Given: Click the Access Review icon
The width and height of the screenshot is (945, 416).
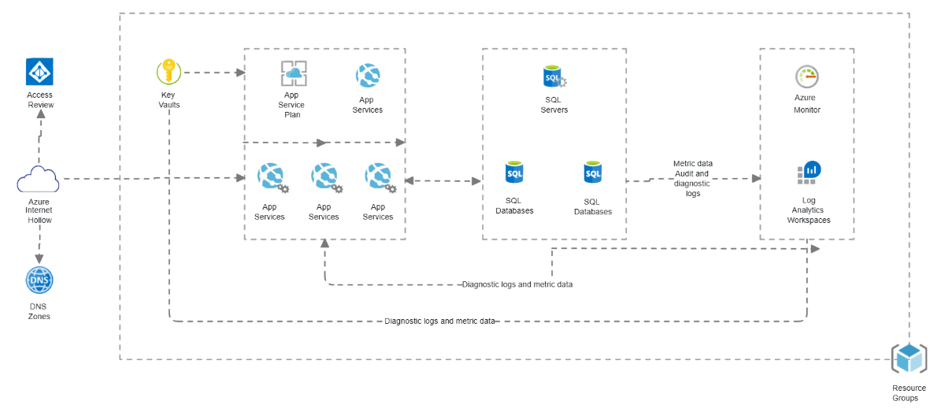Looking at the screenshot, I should click(39, 71).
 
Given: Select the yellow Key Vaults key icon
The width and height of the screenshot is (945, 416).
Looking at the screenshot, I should click(169, 72).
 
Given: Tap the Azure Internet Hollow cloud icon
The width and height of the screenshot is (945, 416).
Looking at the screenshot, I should click(39, 180).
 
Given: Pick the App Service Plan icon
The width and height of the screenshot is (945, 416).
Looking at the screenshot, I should click(294, 73).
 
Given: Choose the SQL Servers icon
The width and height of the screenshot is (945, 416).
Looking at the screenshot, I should click(554, 77).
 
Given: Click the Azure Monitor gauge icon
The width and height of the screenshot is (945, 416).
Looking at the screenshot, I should click(807, 76).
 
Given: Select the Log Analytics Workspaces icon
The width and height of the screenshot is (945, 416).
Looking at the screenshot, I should click(809, 172).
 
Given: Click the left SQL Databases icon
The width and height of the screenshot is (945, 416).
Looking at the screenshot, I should click(514, 172).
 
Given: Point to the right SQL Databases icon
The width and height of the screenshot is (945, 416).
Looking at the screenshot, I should click(592, 172).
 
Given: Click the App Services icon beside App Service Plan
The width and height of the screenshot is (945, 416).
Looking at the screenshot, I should click(367, 76).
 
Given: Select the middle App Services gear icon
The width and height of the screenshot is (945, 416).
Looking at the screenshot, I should click(324, 178).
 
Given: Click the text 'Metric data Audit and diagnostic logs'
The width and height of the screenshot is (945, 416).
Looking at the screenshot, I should click(692, 178).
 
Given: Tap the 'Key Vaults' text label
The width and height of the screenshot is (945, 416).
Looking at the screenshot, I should click(169, 99).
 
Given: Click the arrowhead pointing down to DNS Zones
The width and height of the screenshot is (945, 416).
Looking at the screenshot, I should click(39, 258).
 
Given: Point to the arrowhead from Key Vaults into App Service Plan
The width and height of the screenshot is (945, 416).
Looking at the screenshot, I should click(240, 73).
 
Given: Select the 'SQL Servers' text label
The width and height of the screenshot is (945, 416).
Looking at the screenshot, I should click(554, 105).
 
